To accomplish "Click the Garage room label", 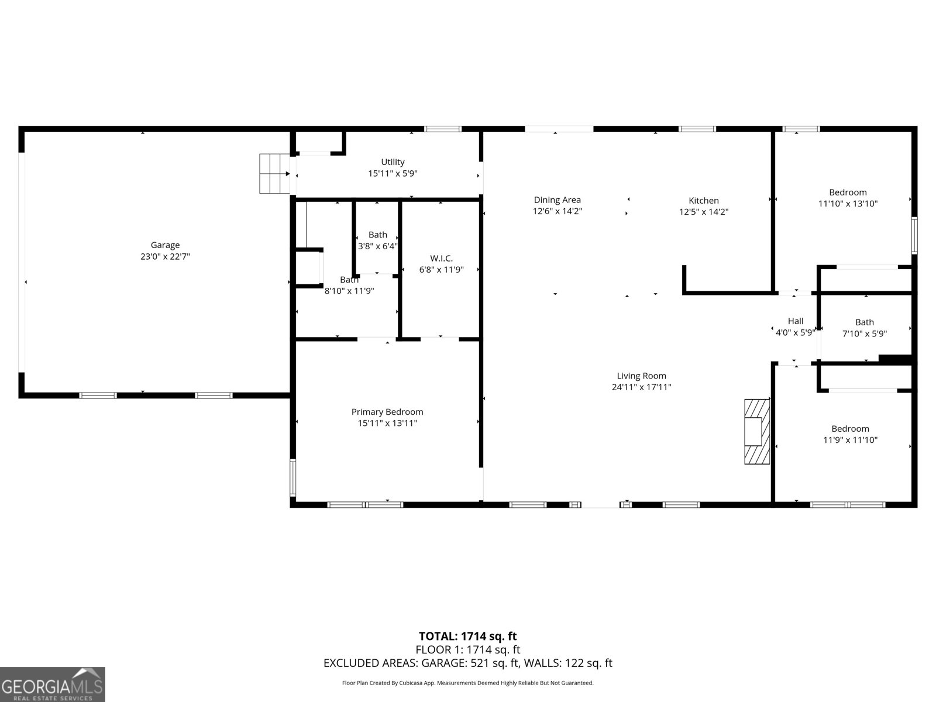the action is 165,245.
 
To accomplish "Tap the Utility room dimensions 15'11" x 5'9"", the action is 393,174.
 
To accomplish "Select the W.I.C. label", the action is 441,259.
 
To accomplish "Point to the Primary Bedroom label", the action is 387,412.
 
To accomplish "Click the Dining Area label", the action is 558,200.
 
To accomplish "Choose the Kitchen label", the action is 704,200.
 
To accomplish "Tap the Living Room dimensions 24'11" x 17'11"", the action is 641,387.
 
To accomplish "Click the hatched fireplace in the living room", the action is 757,431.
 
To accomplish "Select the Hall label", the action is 796,321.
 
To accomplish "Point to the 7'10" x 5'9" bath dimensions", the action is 865,333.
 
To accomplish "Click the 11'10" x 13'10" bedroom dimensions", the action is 848,204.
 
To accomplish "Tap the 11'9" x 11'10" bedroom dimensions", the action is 850,440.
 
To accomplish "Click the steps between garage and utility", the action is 275,174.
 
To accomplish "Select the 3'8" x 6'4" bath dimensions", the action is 378,246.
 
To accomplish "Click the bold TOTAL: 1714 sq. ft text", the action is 468,636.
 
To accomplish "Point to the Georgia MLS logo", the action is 53,684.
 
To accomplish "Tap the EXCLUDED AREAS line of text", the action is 468,663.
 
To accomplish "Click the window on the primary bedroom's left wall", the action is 293,478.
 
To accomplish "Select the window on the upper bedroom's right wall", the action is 914,236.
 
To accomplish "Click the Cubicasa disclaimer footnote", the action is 468,683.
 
